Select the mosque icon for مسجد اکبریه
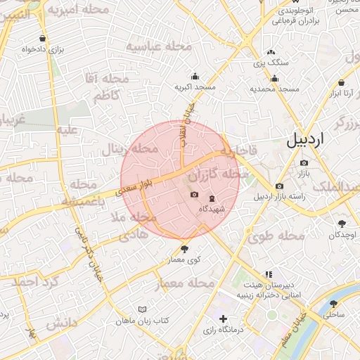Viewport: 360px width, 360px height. coord(195,77)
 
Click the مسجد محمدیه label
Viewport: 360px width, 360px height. coord(274,89)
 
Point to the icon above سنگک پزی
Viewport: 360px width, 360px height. coord(271,53)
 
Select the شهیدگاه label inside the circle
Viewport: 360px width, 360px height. coord(211,209)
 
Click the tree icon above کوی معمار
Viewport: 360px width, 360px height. coord(185,248)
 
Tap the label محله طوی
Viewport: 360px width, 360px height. coord(276,236)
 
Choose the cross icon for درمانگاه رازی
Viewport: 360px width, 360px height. coord(223,319)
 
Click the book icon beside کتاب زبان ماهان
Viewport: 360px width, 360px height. coord(143,309)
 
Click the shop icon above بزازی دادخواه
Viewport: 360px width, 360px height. coord(44,39)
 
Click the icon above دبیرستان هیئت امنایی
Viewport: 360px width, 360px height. coord(268,274)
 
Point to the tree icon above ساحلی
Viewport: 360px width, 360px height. coord(333,304)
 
